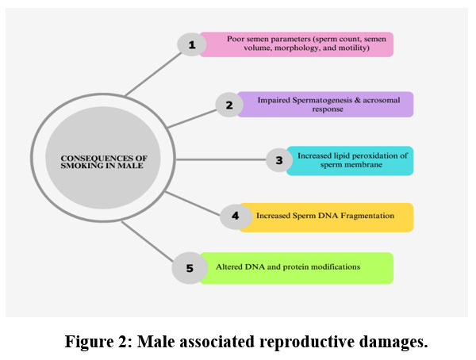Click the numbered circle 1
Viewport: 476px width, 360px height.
tap(191, 44)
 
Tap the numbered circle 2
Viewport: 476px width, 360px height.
tap(229, 105)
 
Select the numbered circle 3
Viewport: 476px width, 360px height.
tap(278, 160)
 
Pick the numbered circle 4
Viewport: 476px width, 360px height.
tap(235, 216)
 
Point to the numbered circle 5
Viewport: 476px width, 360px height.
tap(189, 268)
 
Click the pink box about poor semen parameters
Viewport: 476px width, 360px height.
tap(297, 44)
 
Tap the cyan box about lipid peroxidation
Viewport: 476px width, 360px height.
tap(350, 160)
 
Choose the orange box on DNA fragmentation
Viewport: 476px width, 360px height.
tap(333, 216)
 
